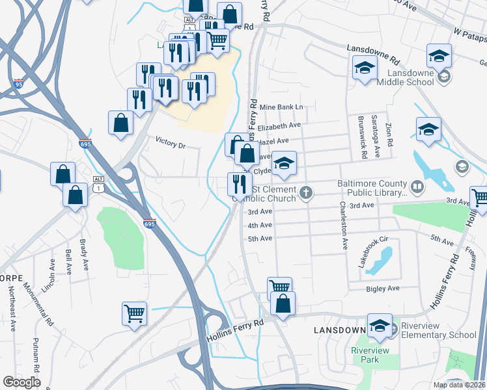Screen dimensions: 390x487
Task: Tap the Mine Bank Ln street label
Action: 281,107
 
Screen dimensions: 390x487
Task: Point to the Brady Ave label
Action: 83,255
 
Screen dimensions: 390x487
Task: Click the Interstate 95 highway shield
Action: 18,83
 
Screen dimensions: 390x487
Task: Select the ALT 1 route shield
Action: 98,184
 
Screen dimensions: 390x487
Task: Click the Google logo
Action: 22,382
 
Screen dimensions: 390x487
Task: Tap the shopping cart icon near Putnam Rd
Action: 134,313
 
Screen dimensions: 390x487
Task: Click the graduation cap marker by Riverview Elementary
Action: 380,326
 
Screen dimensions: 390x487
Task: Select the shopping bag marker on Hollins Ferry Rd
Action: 283,304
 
